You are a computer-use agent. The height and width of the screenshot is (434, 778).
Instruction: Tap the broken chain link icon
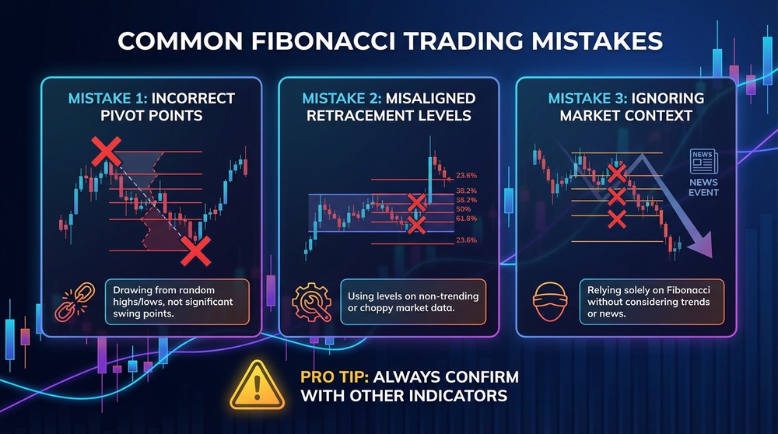pyautogui.click(x=74, y=303)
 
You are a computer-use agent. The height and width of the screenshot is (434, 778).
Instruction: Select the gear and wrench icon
pyautogui.click(x=311, y=303)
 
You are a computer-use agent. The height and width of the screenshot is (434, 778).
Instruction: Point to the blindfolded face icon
pyautogui.click(x=549, y=303)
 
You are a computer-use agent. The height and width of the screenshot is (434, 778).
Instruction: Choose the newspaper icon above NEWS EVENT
pyautogui.click(x=703, y=163)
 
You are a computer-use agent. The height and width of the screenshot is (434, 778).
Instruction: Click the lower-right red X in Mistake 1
pyautogui.click(x=195, y=250)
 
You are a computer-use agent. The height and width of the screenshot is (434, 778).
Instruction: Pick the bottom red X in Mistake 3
pyautogui.click(x=617, y=219)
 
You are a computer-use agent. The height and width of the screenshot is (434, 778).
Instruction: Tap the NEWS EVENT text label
pyautogui.click(x=703, y=187)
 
